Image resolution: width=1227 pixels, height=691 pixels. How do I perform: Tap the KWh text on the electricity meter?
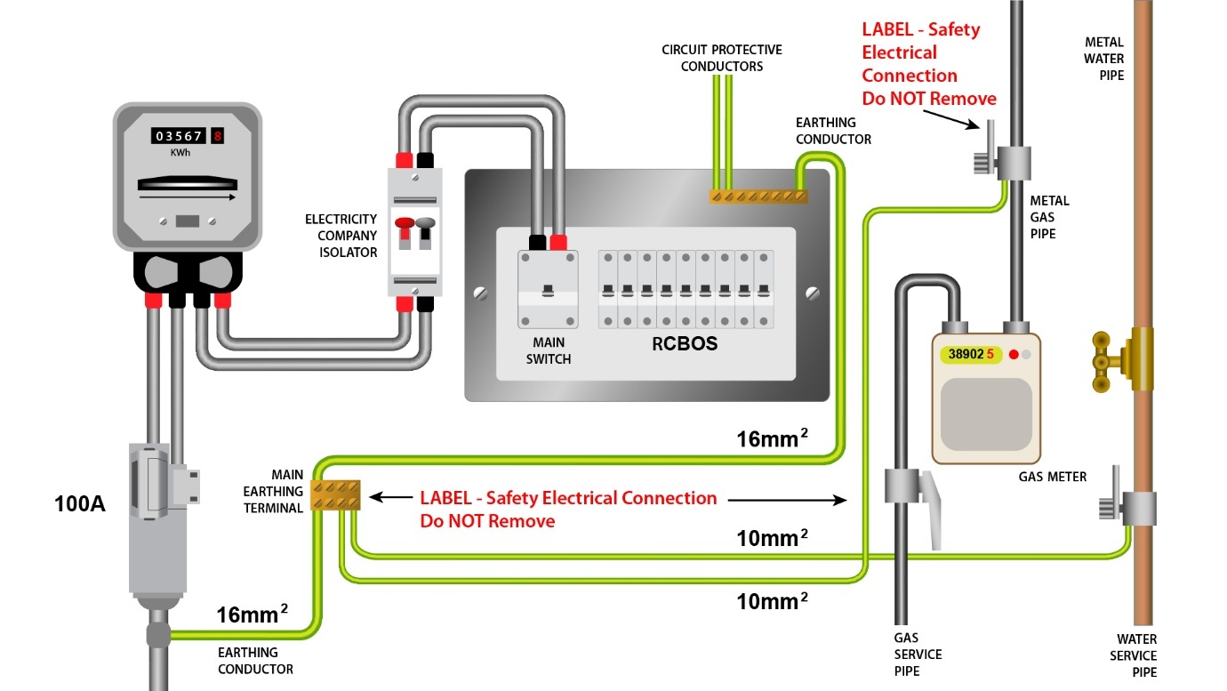[180, 152]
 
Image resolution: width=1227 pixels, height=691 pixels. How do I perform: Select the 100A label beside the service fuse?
[80, 504]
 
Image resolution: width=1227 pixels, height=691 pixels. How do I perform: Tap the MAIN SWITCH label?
[549, 350]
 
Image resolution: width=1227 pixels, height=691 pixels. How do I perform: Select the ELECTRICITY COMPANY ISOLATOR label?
[341, 236]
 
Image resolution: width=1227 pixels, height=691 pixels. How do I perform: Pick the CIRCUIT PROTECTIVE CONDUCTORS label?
[721, 58]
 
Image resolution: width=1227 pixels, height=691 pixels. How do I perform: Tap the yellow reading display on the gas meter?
[971, 354]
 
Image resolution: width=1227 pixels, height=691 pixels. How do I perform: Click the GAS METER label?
[1053, 477]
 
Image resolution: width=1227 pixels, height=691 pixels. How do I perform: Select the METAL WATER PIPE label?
[1104, 59]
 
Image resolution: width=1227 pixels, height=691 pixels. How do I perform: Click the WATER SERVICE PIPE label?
[1137, 655]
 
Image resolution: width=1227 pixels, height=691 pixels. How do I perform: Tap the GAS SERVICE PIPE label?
[918, 654]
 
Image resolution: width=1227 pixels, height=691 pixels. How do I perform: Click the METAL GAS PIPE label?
[1049, 217]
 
